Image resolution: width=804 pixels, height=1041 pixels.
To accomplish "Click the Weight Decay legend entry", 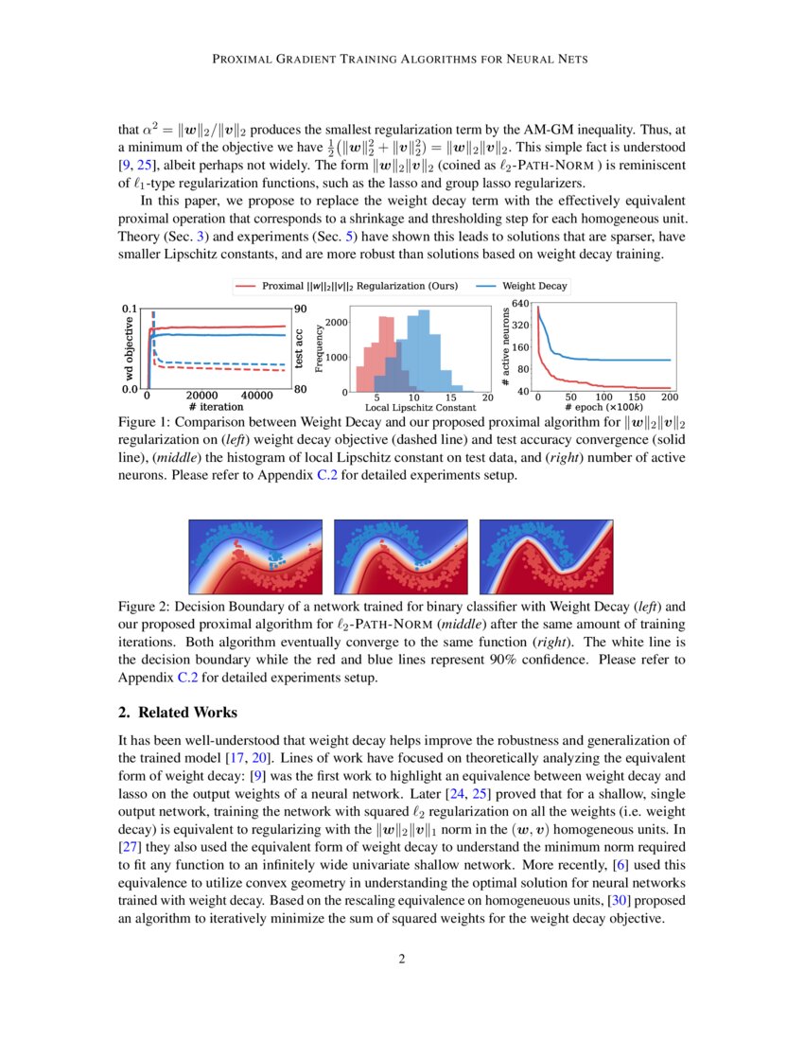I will click(534, 285).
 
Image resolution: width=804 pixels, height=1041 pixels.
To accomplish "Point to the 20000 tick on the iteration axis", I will click(201, 396).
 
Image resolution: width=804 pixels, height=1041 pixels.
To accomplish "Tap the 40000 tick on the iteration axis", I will click(253, 396).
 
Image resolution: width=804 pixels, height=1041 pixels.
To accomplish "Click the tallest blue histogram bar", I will click(423, 350).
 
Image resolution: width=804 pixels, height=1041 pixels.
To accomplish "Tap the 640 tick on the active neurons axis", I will click(521, 303).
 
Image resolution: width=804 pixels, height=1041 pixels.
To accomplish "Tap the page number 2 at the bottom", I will click(402, 959).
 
